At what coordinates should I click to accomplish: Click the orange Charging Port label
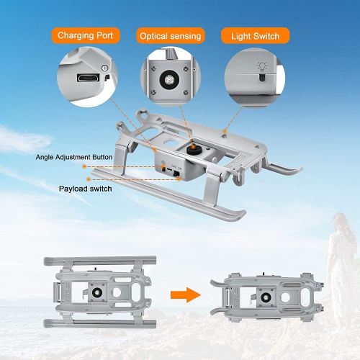86,35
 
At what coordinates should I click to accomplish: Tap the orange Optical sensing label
171,36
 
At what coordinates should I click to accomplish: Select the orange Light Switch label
256,36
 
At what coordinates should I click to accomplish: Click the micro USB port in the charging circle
88,78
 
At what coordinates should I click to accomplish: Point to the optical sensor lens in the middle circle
169,78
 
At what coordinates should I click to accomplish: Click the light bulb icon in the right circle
262,66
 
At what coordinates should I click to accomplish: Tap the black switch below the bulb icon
262,78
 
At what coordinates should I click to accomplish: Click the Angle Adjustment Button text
74,157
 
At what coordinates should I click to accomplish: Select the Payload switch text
86,189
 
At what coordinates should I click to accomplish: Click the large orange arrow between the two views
186,295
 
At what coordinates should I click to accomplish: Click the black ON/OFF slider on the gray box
176,174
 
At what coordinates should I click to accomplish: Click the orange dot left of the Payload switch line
89,179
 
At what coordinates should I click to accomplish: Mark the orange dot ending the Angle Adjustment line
84,166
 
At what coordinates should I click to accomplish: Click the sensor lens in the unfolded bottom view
97,292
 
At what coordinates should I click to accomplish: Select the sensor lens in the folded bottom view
266,297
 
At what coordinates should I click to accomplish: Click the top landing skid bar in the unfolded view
100,261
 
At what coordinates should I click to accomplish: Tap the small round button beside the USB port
104,68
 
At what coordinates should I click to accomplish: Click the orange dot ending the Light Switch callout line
225,131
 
